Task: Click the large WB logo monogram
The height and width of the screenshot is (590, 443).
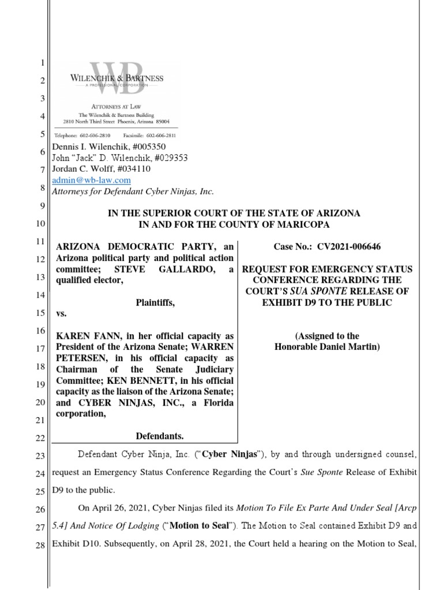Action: [x=119, y=76]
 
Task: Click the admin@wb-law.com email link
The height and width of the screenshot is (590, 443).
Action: [x=87, y=180]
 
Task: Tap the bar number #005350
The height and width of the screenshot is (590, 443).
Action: [x=151, y=147]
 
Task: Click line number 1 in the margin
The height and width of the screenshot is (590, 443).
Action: [x=42, y=63]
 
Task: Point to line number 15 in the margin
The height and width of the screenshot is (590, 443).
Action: [x=40, y=314]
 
